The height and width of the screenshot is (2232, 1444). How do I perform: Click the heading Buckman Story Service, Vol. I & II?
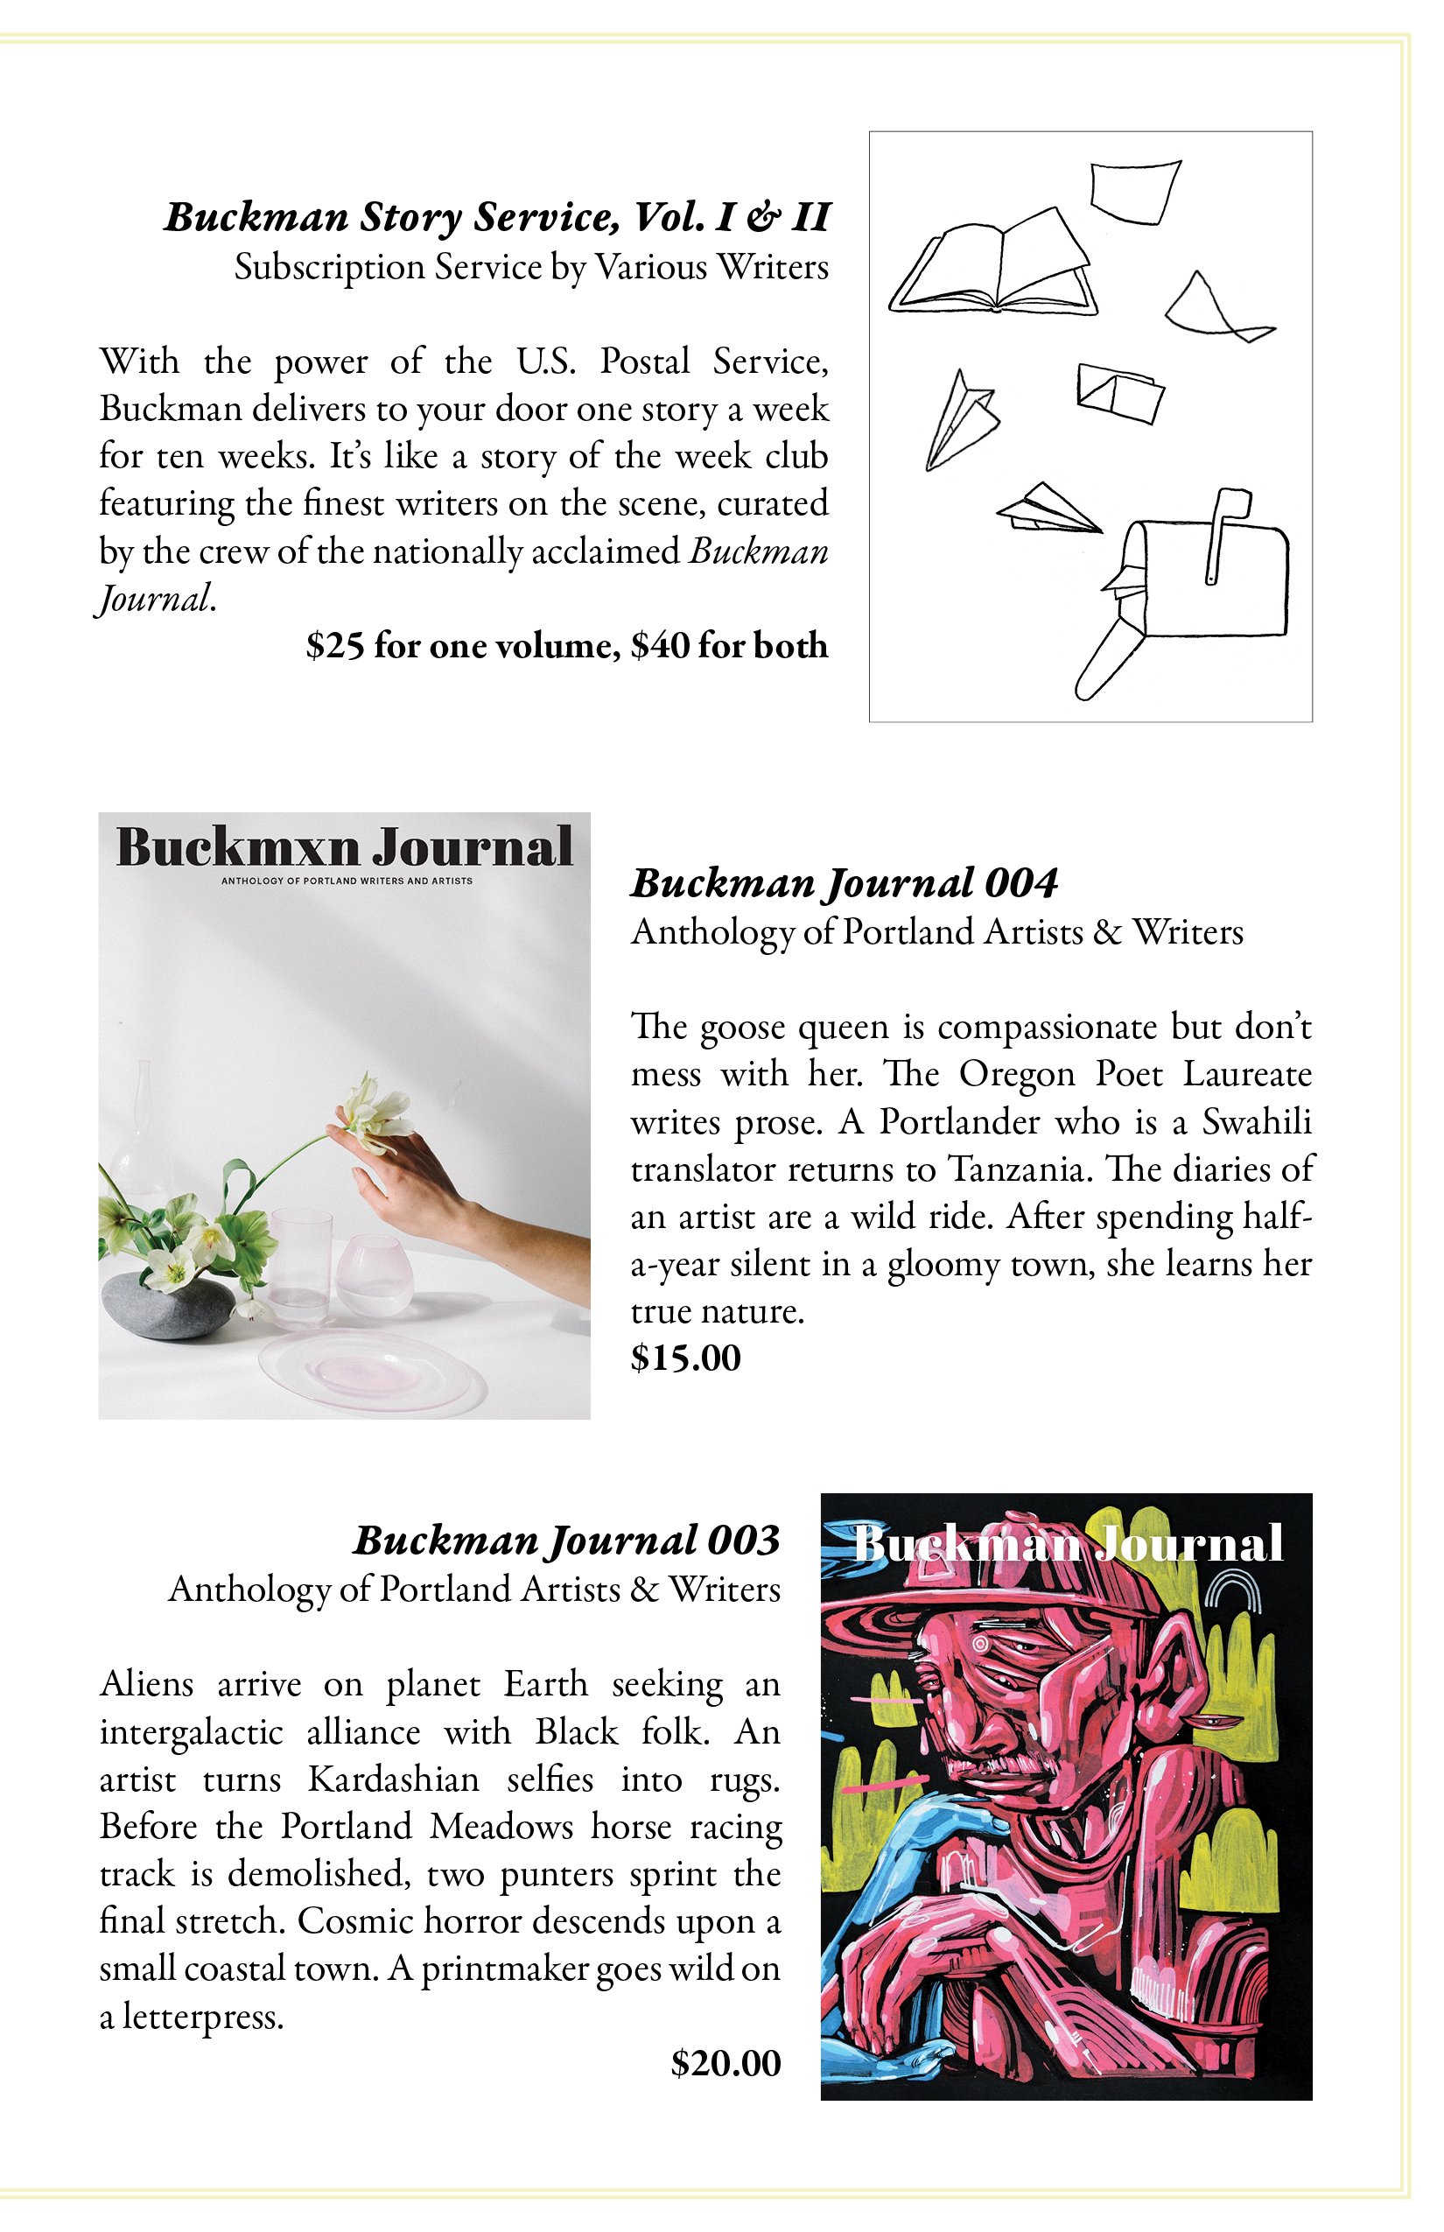pyautogui.click(x=497, y=217)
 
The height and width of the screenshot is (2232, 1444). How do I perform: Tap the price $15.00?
pyautogui.click(x=685, y=1358)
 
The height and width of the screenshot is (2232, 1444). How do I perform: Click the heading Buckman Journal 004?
pyautogui.click(x=844, y=882)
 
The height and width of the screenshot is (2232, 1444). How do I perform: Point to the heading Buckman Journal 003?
pyautogui.click(x=566, y=1540)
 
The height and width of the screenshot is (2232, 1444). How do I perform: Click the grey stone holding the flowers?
pyautogui.click(x=165, y=1303)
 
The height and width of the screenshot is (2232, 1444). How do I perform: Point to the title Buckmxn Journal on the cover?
pyautogui.click(x=344, y=847)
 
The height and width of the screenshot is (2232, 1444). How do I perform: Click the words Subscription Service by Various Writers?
pyautogui.click(x=532, y=267)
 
